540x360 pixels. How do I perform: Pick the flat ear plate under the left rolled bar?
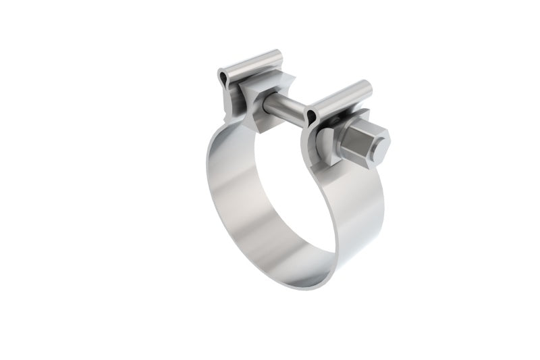pos(233,95)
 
